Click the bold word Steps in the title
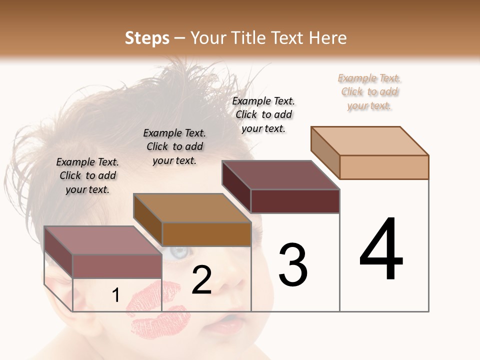(x=147, y=38)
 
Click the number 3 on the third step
(x=292, y=265)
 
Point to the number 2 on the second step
(x=201, y=280)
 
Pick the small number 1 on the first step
(x=115, y=295)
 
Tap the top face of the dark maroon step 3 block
(x=281, y=175)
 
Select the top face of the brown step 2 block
(x=192, y=208)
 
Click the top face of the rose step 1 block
(x=103, y=240)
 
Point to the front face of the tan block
(x=384, y=167)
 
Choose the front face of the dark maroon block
(x=295, y=201)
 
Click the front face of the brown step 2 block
(x=206, y=234)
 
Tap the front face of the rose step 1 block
(x=117, y=266)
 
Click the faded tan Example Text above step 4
(x=369, y=91)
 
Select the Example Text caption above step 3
(x=263, y=114)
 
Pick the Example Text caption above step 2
(x=174, y=146)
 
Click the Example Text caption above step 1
(x=87, y=175)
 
